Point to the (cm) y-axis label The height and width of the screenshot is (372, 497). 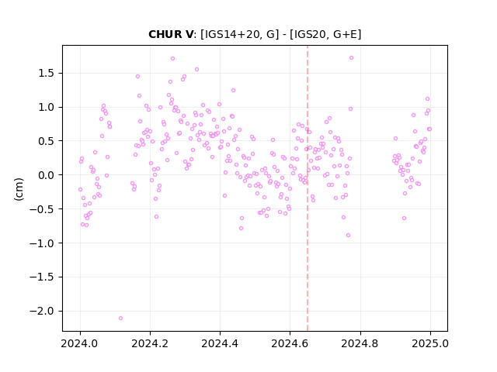[19, 189]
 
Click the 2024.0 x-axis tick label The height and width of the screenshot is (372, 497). [80, 343]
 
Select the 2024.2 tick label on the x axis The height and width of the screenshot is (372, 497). [150, 343]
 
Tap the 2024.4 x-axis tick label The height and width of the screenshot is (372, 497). [220, 343]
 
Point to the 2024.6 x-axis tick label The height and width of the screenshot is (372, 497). [290, 343]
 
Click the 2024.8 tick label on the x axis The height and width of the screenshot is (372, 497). [360, 343]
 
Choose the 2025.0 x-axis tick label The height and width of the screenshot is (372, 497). [430, 343]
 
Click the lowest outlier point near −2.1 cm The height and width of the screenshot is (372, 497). [120, 318]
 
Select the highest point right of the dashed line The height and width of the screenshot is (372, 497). [351, 57]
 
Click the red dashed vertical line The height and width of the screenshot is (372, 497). [308, 188]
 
